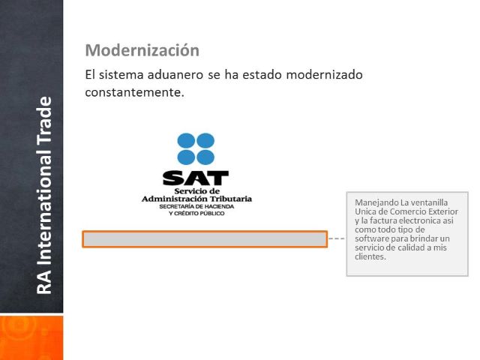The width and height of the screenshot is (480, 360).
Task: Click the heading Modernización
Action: point(142,50)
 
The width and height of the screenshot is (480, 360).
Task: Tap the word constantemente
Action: point(135,92)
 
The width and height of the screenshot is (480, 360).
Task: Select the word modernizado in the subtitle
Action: point(324,75)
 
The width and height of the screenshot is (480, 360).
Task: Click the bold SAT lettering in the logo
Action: point(196,178)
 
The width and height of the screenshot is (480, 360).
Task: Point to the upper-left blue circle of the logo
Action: point(186,141)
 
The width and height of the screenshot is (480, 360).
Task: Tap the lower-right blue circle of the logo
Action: point(205,157)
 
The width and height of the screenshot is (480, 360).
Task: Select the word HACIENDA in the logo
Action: point(218,207)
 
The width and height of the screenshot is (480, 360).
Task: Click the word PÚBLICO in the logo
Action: point(211,213)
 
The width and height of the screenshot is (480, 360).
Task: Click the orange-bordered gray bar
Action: point(205,239)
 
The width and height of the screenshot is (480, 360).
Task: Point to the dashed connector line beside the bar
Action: point(337,238)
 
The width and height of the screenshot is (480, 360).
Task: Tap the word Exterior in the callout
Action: point(443,211)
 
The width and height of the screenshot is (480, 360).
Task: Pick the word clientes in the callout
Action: point(370,256)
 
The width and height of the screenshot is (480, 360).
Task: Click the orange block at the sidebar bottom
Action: point(31,337)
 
